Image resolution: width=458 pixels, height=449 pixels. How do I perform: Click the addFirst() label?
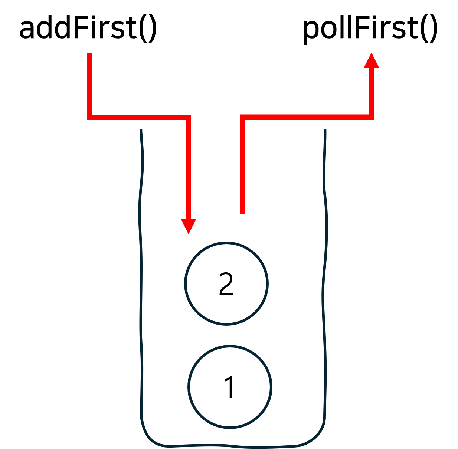pyautogui.click(x=88, y=28)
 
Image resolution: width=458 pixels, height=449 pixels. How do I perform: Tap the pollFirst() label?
pyautogui.click(x=370, y=29)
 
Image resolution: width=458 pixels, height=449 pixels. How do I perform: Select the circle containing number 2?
pyautogui.click(x=226, y=283)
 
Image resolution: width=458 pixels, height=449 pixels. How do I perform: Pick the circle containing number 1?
pyautogui.click(x=230, y=387)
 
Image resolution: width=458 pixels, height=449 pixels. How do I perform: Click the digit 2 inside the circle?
pyautogui.click(x=226, y=284)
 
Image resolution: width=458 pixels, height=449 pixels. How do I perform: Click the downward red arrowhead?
pyautogui.click(x=189, y=226)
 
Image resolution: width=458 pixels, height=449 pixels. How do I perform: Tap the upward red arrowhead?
pyautogui.click(x=372, y=60)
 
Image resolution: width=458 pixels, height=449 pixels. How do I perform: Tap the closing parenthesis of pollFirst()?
pyautogui.click(x=434, y=29)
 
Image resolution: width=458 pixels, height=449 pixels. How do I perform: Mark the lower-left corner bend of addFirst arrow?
pyautogui.click(x=89, y=118)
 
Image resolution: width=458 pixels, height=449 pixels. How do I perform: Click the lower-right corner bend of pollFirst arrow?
pyautogui.click(x=372, y=117)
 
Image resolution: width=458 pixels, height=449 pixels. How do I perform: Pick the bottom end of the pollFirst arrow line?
pyautogui.click(x=242, y=214)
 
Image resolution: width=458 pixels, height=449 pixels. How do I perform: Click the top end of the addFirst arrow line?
pyautogui.click(x=89, y=53)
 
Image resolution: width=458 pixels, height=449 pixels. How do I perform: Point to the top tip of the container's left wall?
pyautogui.click(x=141, y=129)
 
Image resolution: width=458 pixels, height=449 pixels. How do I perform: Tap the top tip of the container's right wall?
pyautogui.click(x=325, y=129)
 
